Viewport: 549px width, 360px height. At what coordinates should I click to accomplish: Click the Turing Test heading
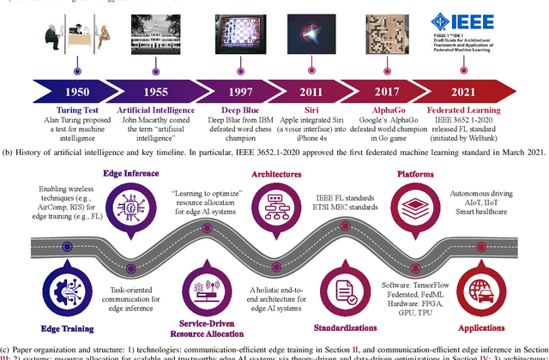pyautogui.click(x=76, y=110)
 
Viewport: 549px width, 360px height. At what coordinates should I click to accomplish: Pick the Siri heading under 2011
pyautogui.click(x=312, y=110)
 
